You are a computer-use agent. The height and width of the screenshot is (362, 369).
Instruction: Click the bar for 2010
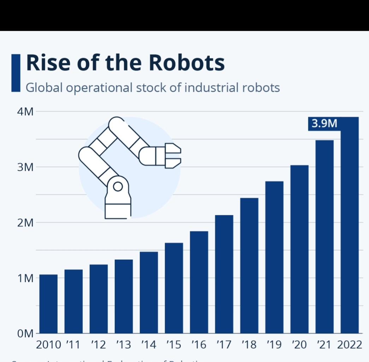48,304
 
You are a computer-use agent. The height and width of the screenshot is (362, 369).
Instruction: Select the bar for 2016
199,282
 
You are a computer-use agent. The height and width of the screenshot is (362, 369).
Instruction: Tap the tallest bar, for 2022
350,226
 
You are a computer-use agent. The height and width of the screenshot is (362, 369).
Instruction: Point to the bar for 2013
124,296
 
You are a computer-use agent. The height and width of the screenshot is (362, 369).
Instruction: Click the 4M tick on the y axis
25,112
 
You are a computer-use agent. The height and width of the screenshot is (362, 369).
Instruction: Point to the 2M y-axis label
25,223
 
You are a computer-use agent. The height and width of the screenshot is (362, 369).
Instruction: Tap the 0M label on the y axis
25,333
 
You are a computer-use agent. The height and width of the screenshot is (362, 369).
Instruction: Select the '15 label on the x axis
173,345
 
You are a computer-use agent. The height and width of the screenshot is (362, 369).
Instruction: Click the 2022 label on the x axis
350,345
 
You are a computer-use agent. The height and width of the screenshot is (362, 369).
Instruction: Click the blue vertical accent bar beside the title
16,73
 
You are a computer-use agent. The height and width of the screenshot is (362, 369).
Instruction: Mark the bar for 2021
325,237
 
